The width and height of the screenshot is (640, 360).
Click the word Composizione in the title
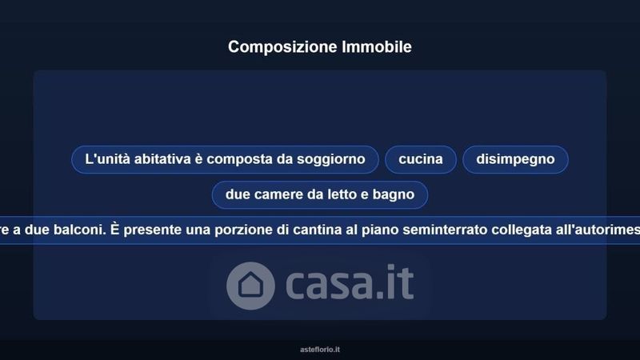282,47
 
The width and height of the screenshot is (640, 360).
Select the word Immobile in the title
377,46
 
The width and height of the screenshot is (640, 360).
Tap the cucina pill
421,159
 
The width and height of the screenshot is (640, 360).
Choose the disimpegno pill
515,159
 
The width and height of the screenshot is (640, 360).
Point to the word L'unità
107,158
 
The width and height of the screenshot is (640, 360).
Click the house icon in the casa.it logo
250,286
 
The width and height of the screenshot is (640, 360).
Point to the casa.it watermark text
350,283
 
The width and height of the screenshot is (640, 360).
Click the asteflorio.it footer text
320,350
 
